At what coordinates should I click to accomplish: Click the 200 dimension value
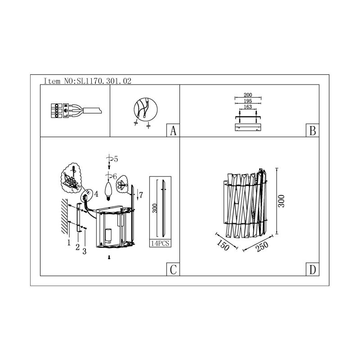click(247, 95)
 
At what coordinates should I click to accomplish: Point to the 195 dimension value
click(247, 101)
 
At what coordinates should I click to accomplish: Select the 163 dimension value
click(247, 108)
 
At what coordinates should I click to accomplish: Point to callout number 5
click(116, 159)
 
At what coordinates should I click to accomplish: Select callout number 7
click(141, 195)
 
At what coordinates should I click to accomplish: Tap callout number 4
click(96, 194)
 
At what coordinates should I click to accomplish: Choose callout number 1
click(69, 242)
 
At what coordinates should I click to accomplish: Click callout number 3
click(84, 251)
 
